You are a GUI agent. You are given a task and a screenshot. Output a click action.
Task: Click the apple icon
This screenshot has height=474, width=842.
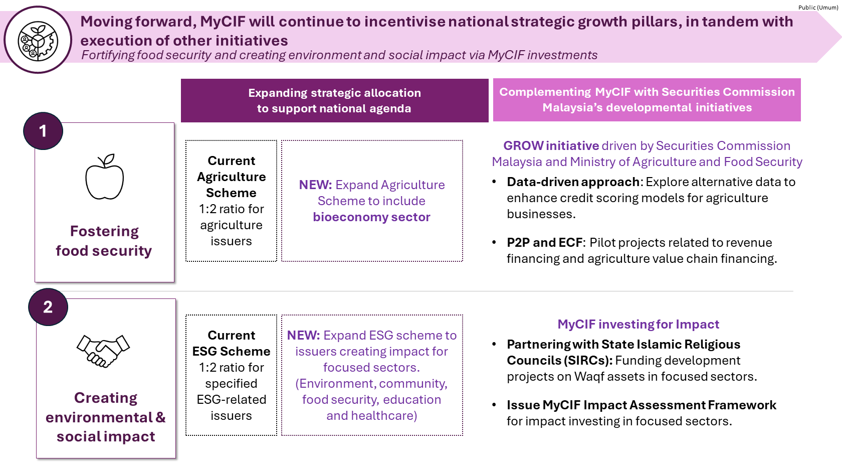click(104, 177)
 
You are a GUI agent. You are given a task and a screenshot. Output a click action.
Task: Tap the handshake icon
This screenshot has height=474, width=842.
click(103, 351)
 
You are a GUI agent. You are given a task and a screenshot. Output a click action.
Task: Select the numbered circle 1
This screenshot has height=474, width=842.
click(43, 131)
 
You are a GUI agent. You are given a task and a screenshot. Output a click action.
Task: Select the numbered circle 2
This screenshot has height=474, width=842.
click(48, 307)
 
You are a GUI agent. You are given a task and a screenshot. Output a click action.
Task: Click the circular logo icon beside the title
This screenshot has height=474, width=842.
click(38, 40)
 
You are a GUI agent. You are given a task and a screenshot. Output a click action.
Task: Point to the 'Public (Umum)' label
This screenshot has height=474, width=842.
click(818, 8)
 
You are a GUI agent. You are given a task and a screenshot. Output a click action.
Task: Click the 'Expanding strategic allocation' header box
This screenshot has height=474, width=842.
click(335, 100)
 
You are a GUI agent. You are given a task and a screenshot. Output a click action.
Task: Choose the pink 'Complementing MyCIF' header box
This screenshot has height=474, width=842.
click(647, 100)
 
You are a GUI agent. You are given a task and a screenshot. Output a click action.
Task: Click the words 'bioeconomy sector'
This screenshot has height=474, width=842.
click(371, 217)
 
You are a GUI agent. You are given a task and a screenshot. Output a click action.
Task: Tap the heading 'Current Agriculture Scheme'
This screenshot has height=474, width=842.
click(231, 177)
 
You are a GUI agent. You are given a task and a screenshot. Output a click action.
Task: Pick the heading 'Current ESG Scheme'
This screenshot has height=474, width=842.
click(231, 343)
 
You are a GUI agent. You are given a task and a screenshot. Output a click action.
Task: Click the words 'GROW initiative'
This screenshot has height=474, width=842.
click(551, 145)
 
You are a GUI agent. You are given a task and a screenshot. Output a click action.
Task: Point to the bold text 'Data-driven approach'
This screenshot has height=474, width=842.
click(573, 182)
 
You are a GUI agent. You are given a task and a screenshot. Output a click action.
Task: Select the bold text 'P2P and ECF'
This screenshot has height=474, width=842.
click(544, 243)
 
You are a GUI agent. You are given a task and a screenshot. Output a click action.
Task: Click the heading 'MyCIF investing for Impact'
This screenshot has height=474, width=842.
click(639, 324)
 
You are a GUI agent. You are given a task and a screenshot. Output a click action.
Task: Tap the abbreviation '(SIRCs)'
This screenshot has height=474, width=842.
click(588, 360)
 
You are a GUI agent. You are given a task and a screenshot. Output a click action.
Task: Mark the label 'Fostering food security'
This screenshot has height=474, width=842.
click(104, 241)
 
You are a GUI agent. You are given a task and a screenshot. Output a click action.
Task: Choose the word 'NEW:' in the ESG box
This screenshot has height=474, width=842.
click(303, 335)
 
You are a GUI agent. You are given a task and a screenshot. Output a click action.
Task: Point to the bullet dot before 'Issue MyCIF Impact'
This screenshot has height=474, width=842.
click(494, 405)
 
